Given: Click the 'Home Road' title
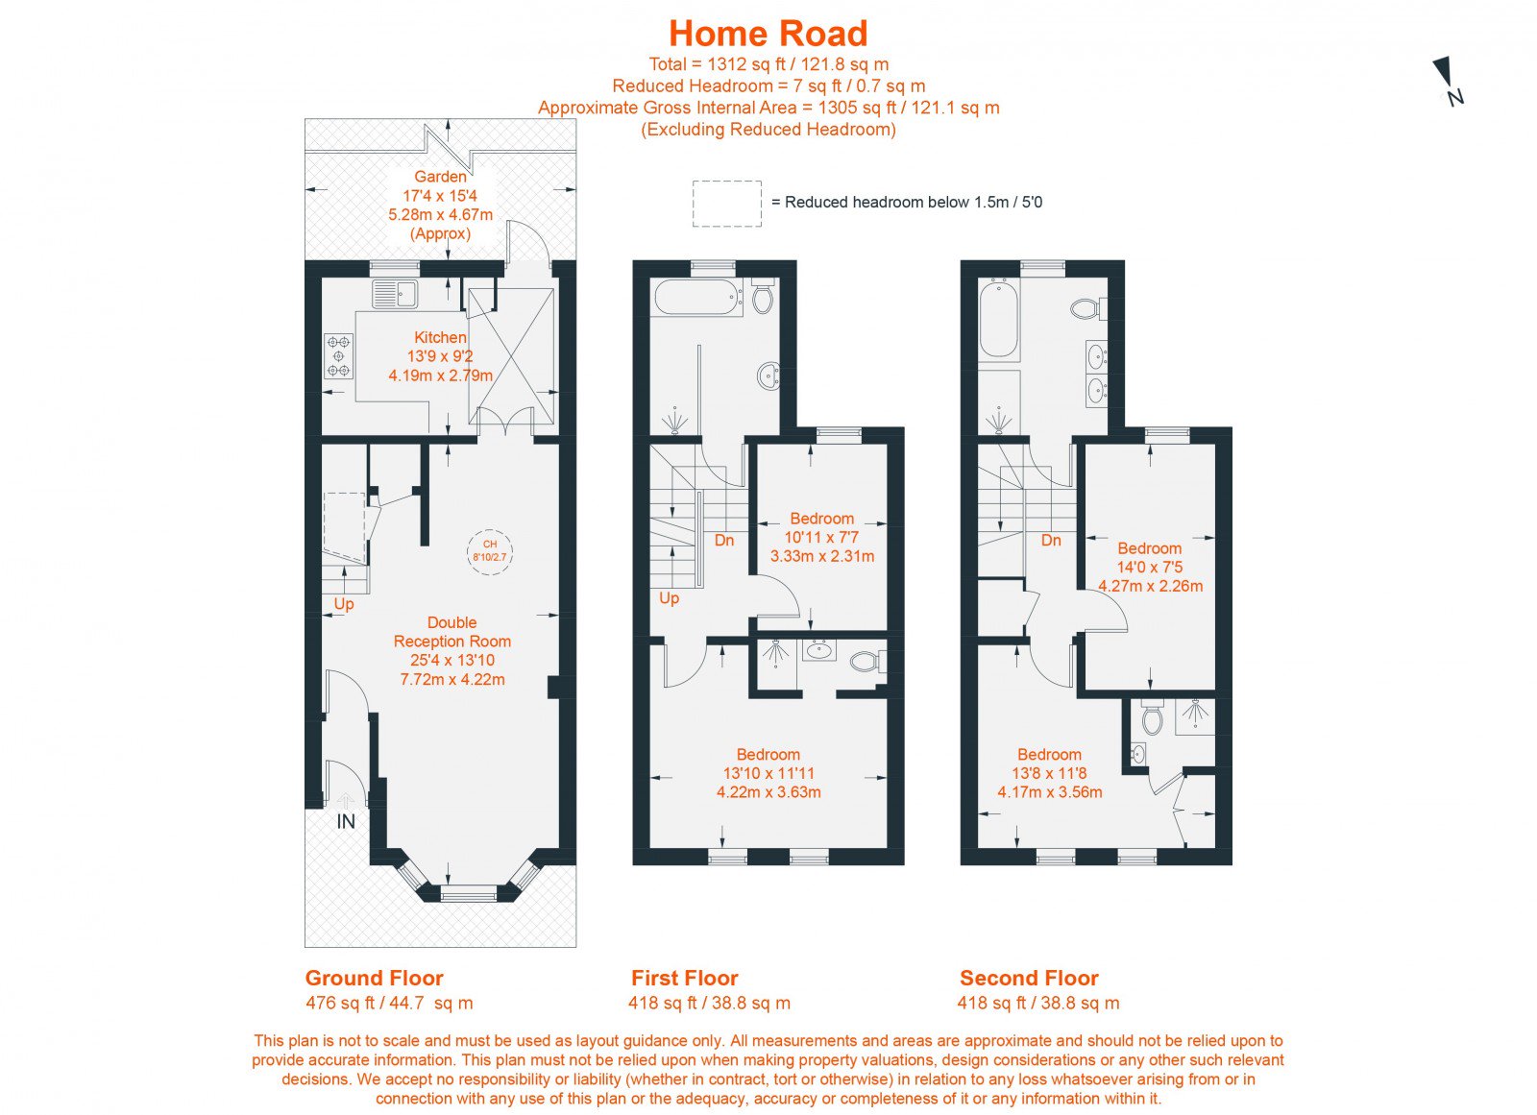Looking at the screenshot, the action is click(x=768, y=33).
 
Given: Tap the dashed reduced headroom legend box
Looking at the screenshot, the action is click(x=726, y=204).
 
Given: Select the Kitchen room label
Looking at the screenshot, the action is click(x=441, y=356).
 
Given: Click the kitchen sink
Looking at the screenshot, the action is click(x=395, y=294).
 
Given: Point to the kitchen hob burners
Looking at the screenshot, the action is click(x=340, y=356).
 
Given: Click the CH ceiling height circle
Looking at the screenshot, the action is click(x=489, y=551).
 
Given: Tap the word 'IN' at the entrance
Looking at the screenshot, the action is click(x=346, y=821).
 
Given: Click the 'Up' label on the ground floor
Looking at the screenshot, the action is click(x=344, y=604).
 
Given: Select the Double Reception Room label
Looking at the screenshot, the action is click(x=452, y=651).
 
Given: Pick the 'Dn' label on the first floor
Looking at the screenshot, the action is click(x=724, y=540).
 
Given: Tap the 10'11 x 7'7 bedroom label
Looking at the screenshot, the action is click(x=822, y=537).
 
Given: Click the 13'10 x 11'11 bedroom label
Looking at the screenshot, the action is click(x=768, y=773).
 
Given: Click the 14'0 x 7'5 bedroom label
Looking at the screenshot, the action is click(x=1150, y=567).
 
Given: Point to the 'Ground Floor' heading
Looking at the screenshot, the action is click(x=374, y=978).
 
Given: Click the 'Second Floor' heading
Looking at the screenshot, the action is click(x=1029, y=978).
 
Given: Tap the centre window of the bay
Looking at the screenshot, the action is click(x=467, y=893).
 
